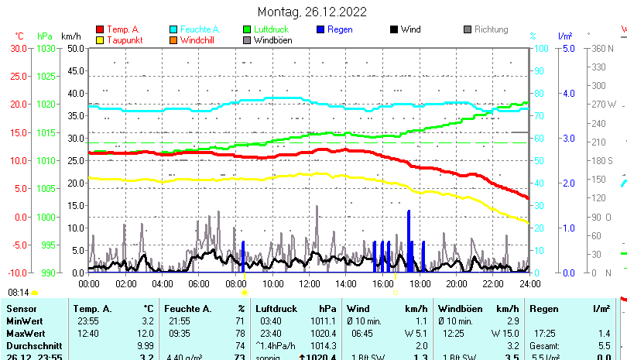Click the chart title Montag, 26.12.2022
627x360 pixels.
pyautogui.click(x=312, y=12)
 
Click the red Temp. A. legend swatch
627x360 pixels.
pyautogui.click(x=100, y=29)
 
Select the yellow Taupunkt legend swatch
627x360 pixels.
pyautogui.click(x=100, y=39)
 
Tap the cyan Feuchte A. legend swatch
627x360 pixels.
pyautogui.click(x=173, y=29)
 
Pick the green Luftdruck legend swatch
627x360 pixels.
pyautogui.click(x=247, y=29)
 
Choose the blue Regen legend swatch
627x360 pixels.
pyautogui.click(x=320, y=29)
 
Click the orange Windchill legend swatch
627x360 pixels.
pyautogui.click(x=173, y=39)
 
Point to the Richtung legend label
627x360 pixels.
pyautogui.click(x=491, y=29)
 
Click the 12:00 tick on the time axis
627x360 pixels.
pyautogui.click(x=309, y=283)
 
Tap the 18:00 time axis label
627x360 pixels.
pyautogui.click(x=420, y=283)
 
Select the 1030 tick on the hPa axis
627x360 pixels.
pyautogui.click(x=46, y=48)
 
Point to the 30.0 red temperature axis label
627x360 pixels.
pyautogui.click(x=19, y=48)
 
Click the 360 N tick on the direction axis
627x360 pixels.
pyautogui.click(x=602, y=48)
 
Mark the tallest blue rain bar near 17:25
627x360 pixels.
pyautogui.click(x=409, y=240)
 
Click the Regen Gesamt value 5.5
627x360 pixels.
pyautogui.click(x=604, y=345)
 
